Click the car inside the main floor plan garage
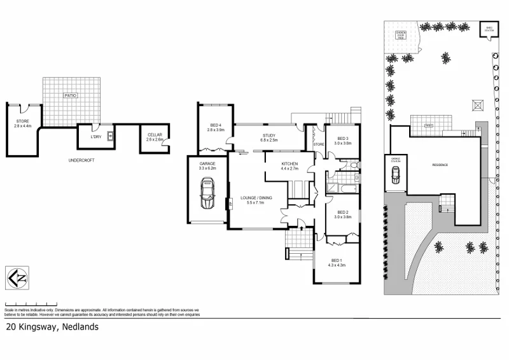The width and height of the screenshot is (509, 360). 207,193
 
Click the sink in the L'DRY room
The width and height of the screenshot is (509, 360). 110,135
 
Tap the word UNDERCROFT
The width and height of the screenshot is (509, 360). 81,160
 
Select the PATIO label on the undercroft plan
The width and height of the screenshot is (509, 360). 70,95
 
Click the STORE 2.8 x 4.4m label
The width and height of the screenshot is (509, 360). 23,123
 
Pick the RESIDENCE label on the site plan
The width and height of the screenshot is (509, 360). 440,165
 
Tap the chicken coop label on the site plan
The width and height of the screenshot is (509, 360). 401,34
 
